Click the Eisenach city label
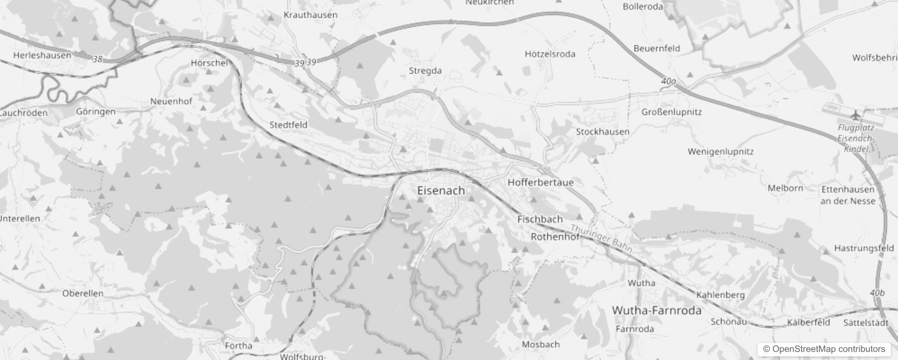441,191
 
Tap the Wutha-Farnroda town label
656,310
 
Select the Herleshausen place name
42,56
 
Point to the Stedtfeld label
288,125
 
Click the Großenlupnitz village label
671,112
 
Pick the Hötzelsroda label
550,54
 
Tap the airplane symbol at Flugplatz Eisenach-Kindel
855,115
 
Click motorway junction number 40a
669,81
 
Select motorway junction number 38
98,59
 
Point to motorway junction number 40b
877,293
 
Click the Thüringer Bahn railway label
602,238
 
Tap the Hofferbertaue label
540,183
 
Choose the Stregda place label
425,71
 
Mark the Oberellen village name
83,293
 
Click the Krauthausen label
310,15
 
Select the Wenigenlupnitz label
720,152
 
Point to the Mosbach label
541,345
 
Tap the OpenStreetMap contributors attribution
823,349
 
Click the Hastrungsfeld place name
864,248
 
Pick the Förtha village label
238,346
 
